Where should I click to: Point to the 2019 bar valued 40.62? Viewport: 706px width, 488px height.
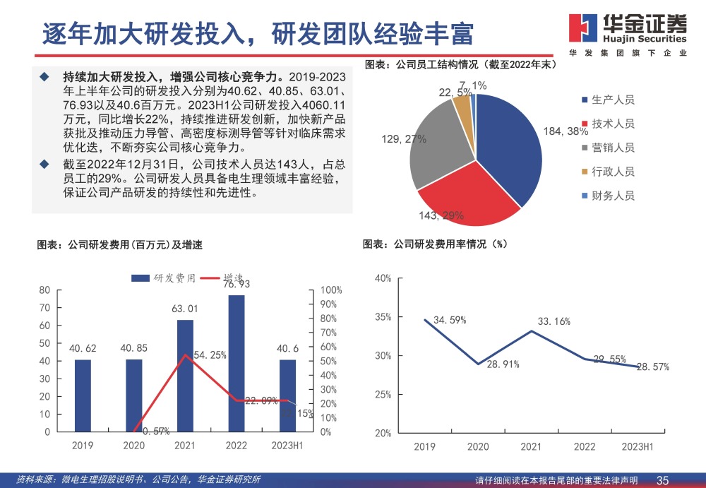83,395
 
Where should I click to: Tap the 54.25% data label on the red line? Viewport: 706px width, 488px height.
210,355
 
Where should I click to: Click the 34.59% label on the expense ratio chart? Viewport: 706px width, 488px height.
450,320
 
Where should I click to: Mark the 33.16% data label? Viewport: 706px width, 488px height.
554,322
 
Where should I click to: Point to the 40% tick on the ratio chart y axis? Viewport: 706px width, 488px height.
383,278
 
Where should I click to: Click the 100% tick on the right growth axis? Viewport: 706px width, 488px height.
331,290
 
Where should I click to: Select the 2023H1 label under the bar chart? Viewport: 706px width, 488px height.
287,446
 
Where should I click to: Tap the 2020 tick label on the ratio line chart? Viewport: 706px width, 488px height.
478,446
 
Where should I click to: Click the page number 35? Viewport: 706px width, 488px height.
663,480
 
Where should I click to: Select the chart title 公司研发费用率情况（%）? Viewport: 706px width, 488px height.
436,244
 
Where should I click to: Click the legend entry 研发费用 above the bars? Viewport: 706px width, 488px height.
168,278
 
